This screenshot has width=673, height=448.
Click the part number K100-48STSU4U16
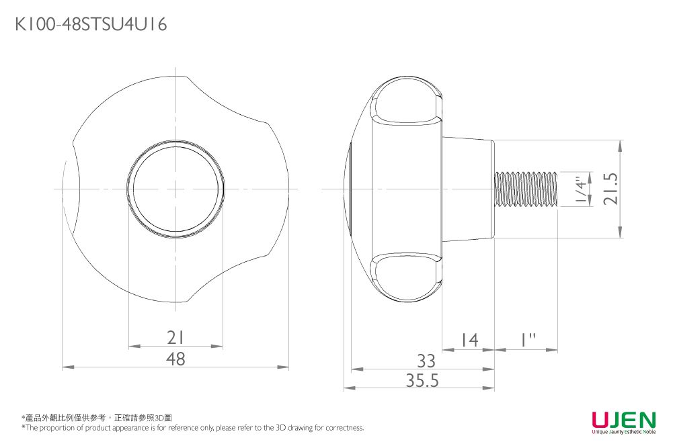tap(91, 25)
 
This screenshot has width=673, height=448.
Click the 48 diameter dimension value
tap(175, 359)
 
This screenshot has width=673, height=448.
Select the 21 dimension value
tap(175, 338)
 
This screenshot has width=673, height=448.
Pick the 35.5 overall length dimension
tap(422, 381)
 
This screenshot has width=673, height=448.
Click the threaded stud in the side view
tap(526, 189)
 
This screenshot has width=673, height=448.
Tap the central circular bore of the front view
tap(175, 189)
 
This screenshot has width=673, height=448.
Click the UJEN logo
tap(623, 420)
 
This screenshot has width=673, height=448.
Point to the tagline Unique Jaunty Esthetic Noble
tap(623, 432)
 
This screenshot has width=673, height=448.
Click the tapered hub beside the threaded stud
tap(468, 189)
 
